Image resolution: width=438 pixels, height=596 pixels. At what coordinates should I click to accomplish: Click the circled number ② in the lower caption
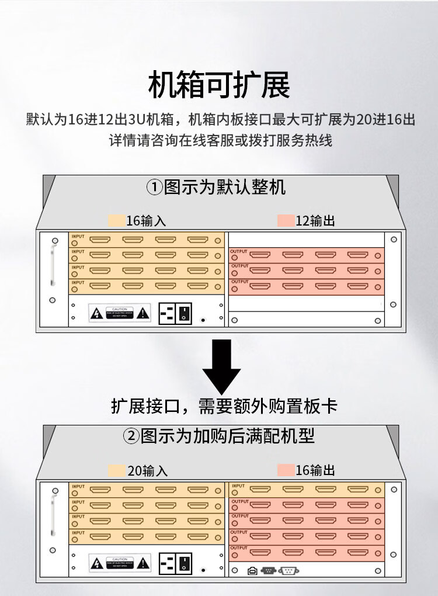tap(130, 436)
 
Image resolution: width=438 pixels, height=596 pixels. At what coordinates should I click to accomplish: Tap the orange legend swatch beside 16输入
tap(116, 221)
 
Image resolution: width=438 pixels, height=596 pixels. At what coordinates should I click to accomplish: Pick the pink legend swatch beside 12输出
tap(286, 221)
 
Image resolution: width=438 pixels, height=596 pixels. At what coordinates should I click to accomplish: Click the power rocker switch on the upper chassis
tap(185, 313)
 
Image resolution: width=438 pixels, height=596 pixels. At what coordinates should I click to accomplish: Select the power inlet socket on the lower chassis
tap(167, 564)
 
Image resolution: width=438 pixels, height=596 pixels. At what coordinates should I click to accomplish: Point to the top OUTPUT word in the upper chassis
tap(239, 251)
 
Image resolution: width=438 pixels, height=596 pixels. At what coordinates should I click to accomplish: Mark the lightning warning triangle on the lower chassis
tap(96, 564)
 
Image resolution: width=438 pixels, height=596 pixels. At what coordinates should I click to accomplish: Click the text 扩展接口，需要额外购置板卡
tap(224, 406)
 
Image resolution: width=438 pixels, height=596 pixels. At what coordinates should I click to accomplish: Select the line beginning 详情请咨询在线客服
tap(221, 141)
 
